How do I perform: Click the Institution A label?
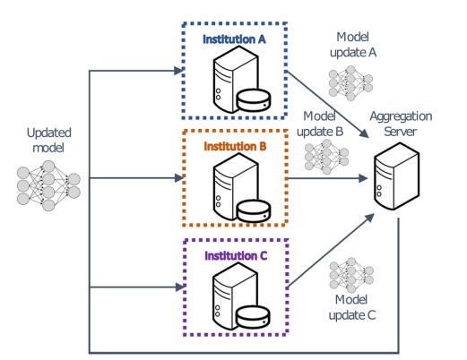[234, 39]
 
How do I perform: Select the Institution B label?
[235, 147]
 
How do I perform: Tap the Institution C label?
[236, 256]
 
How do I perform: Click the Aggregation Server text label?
[401, 124]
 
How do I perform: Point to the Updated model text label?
[48, 140]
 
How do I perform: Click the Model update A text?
[353, 45]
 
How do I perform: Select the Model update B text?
[320, 124]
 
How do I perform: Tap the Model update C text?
[352, 307]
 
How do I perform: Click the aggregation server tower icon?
[397, 176]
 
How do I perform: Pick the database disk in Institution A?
[254, 99]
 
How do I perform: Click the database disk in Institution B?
[254, 210]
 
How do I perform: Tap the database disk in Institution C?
[253, 316]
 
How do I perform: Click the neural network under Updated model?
[48, 185]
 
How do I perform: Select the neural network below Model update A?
[350, 83]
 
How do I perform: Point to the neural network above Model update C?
[351, 275]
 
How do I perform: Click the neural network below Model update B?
[326, 157]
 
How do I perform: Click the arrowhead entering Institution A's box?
[178, 71]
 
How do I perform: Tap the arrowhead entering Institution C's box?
[180, 287]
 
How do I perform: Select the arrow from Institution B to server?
[327, 178]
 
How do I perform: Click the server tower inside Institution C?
[235, 296]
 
